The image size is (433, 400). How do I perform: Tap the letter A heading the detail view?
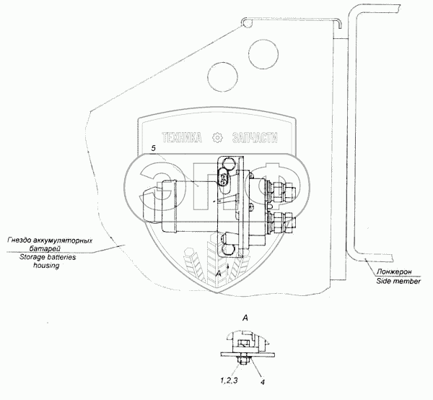[x=245, y=317]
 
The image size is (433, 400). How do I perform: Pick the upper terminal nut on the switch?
[x=279, y=191]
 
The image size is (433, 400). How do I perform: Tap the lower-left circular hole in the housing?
[x=220, y=71]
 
